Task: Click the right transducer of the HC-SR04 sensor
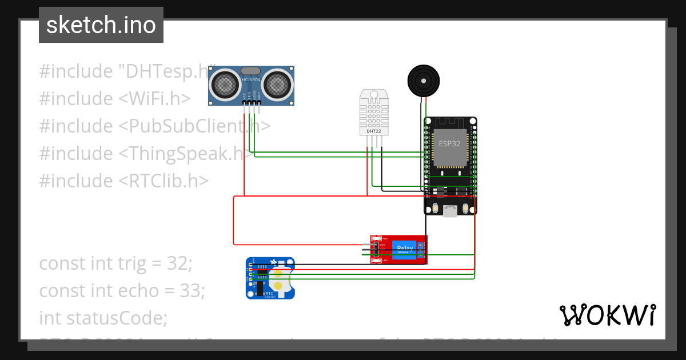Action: [x=278, y=85]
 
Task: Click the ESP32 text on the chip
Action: [x=449, y=143]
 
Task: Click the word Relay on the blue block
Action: [x=404, y=247]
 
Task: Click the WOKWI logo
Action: [x=607, y=315]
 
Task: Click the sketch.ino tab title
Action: [x=101, y=25]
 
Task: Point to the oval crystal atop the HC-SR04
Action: [x=252, y=70]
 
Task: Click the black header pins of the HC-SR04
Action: [x=252, y=103]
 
